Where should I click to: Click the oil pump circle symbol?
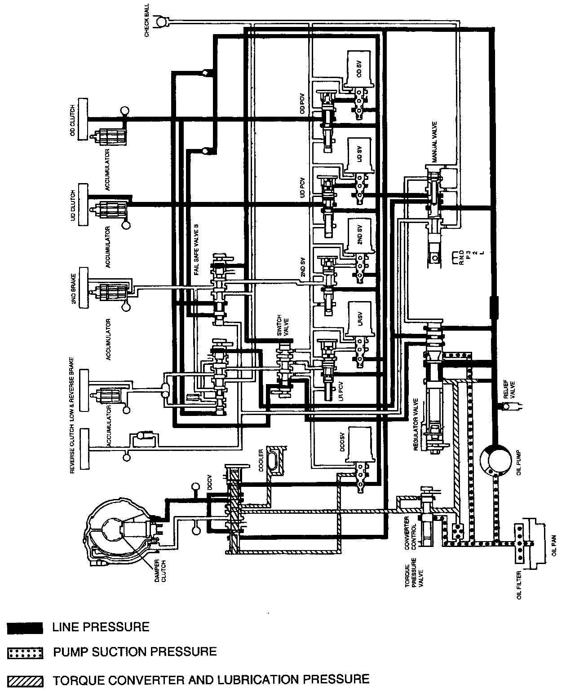click(x=495, y=460)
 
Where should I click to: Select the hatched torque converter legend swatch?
click(x=25, y=681)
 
